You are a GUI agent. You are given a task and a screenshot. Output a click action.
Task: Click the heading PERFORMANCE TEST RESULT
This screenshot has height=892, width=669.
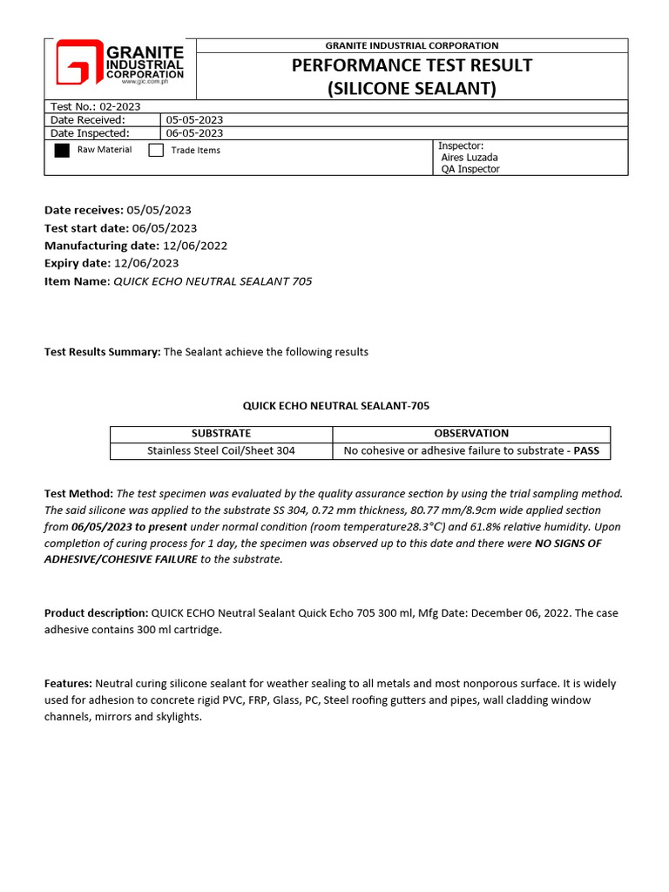(x=411, y=65)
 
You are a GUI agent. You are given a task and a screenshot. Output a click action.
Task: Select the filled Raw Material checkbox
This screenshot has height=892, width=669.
(x=62, y=150)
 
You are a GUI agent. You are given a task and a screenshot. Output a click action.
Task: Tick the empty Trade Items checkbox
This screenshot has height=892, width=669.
(x=156, y=150)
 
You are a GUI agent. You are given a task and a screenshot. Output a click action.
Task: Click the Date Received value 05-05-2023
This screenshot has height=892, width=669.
(x=194, y=119)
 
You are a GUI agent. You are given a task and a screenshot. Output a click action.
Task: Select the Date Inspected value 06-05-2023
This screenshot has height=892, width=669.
(x=194, y=133)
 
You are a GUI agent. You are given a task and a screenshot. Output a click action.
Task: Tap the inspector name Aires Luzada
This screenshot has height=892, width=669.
(x=470, y=158)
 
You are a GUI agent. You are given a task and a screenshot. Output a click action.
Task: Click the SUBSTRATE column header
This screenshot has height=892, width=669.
(x=221, y=433)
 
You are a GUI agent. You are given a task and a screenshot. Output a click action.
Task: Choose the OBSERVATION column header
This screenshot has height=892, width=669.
(x=471, y=433)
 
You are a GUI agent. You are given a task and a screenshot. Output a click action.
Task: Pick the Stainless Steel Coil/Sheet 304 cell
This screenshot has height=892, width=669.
(x=221, y=450)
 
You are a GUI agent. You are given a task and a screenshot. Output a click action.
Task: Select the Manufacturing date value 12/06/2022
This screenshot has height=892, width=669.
(x=195, y=246)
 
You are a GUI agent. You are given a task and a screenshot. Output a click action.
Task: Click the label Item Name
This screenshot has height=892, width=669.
(x=76, y=281)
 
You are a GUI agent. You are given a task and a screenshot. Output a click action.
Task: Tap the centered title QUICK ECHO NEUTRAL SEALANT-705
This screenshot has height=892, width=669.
(x=335, y=406)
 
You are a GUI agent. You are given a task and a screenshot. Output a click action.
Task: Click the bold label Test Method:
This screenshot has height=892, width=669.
(x=78, y=493)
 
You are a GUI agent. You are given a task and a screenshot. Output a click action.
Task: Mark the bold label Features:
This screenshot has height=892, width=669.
(x=68, y=684)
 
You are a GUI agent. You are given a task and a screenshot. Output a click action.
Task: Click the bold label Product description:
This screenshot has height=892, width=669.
(x=97, y=613)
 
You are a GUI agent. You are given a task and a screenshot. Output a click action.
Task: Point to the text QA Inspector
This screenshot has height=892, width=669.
(x=470, y=169)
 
